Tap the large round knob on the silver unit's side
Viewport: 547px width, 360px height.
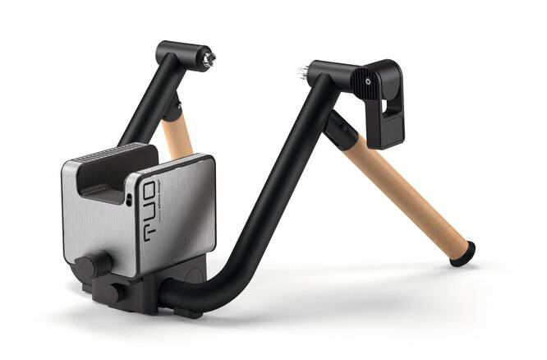[x=92, y=265]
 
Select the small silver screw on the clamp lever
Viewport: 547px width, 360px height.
[x=367, y=81]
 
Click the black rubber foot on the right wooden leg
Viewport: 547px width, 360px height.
[x=462, y=253]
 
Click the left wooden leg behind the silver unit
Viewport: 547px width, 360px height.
[x=177, y=136]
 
